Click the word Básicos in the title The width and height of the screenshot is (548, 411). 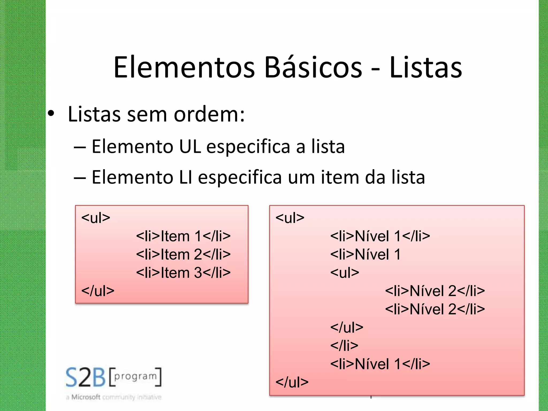pyautogui.click(x=313, y=67)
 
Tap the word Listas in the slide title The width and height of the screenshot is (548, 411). pyautogui.click(x=425, y=67)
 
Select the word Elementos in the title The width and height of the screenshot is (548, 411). pyautogui.click(x=184, y=67)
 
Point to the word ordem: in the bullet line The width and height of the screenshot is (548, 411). pyautogui.click(x=209, y=114)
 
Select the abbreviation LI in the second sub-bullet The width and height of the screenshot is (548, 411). pyautogui.click(x=186, y=177)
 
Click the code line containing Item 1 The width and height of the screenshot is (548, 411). pyautogui.click(x=183, y=236)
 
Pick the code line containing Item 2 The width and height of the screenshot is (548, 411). pyautogui.click(x=183, y=254)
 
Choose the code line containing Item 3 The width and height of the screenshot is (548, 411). pyautogui.click(x=183, y=273)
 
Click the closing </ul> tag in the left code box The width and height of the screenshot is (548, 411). pyautogui.click(x=98, y=291)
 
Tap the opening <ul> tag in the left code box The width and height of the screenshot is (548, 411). pyautogui.click(x=96, y=218)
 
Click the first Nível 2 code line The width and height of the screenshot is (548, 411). pyautogui.click(x=435, y=291)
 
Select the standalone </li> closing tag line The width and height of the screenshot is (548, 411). pyautogui.click(x=344, y=346)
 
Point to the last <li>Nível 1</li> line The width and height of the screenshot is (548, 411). pyautogui.click(x=380, y=364)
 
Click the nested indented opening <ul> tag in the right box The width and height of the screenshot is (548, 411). pyautogui.click(x=345, y=273)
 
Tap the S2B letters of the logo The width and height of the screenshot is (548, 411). pyautogui.click(x=86, y=377)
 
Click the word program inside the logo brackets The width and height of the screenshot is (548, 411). pyautogui.click(x=135, y=376)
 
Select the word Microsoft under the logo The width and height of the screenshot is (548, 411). pyautogui.click(x=86, y=397)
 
